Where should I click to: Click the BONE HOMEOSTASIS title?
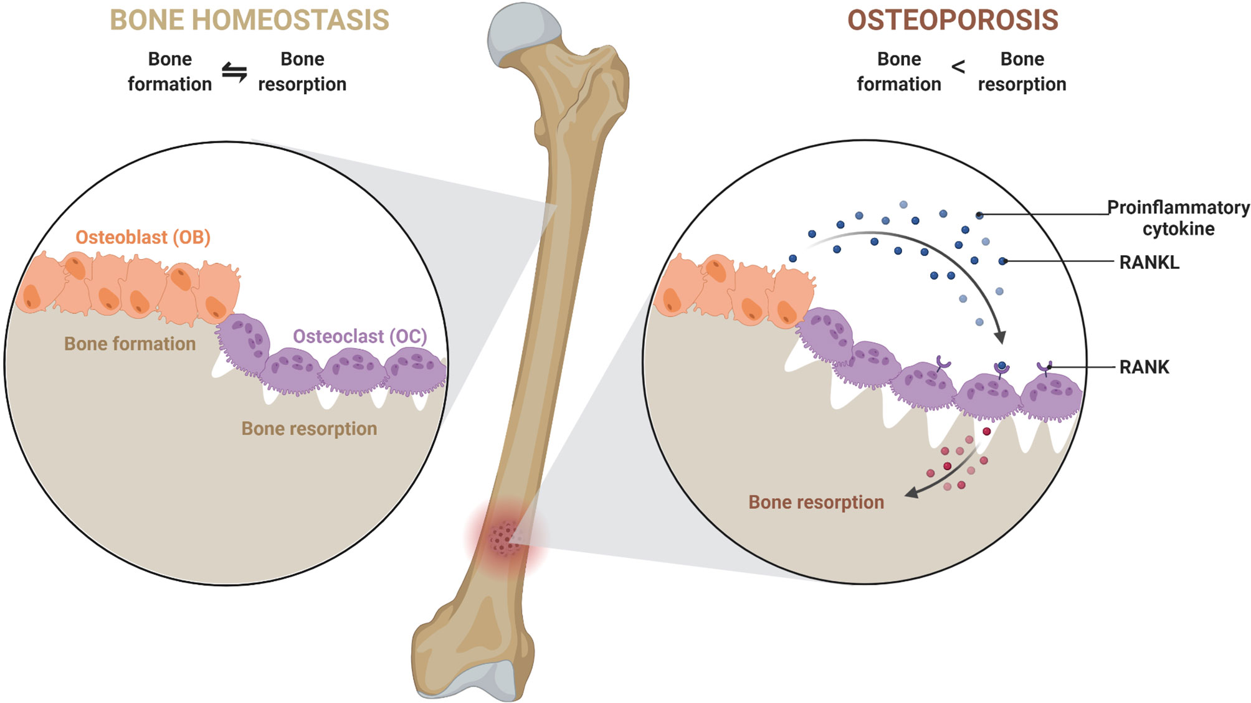point(249,20)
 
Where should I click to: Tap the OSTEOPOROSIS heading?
point(953,20)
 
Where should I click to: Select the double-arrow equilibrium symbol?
point(234,72)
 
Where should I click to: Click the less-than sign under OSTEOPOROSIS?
point(958,67)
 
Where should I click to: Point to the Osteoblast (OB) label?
point(143,237)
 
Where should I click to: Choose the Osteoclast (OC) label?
point(360,336)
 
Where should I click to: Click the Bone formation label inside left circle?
point(130,344)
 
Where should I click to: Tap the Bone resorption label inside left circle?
point(309,428)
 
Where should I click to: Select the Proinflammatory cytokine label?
point(1178,218)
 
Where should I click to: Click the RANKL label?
point(1149,262)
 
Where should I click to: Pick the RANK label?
point(1144,367)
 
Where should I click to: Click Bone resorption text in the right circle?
point(816,502)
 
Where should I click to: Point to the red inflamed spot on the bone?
point(505,537)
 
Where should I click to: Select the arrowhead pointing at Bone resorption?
point(911,493)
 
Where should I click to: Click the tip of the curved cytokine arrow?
point(1000,338)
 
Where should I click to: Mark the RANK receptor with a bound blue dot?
point(1001,369)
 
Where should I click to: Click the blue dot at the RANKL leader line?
point(1002,262)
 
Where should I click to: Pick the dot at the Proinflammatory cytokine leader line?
point(979,215)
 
